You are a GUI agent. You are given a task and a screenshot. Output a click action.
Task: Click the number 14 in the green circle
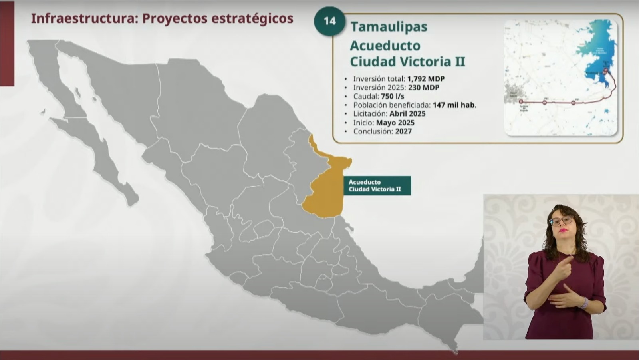(329, 21)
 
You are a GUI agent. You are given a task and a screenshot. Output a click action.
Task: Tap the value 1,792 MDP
(426, 79)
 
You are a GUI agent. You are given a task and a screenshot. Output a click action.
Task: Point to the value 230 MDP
(423, 88)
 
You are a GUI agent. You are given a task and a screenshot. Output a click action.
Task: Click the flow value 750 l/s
(392, 96)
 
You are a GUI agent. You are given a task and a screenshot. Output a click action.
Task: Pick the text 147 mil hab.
(454, 105)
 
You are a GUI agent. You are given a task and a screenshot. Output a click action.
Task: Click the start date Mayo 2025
(395, 123)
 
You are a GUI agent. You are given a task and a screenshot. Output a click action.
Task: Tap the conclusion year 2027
(403, 131)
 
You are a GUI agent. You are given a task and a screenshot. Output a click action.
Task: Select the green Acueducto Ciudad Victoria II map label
(377, 185)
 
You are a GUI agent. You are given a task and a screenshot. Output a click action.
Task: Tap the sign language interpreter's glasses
(561, 221)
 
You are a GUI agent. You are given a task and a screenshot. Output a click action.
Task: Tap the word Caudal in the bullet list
(365, 96)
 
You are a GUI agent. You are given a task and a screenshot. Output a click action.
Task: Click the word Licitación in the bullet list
(370, 114)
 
